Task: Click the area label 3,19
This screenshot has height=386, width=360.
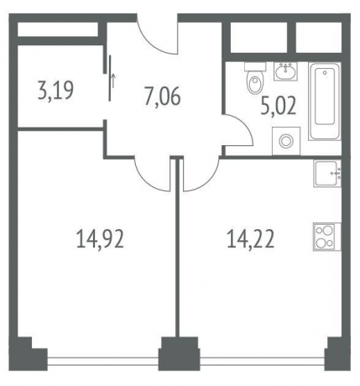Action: coord(55,88)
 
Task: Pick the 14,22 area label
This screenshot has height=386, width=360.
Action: coord(251,241)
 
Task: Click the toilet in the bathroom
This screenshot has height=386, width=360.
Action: coord(253,82)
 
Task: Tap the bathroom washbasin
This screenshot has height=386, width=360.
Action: coord(284,70)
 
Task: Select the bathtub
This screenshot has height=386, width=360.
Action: coord(323,103)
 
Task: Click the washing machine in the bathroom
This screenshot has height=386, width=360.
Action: coord(288,140)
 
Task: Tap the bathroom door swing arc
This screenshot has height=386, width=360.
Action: coord(238,134)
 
